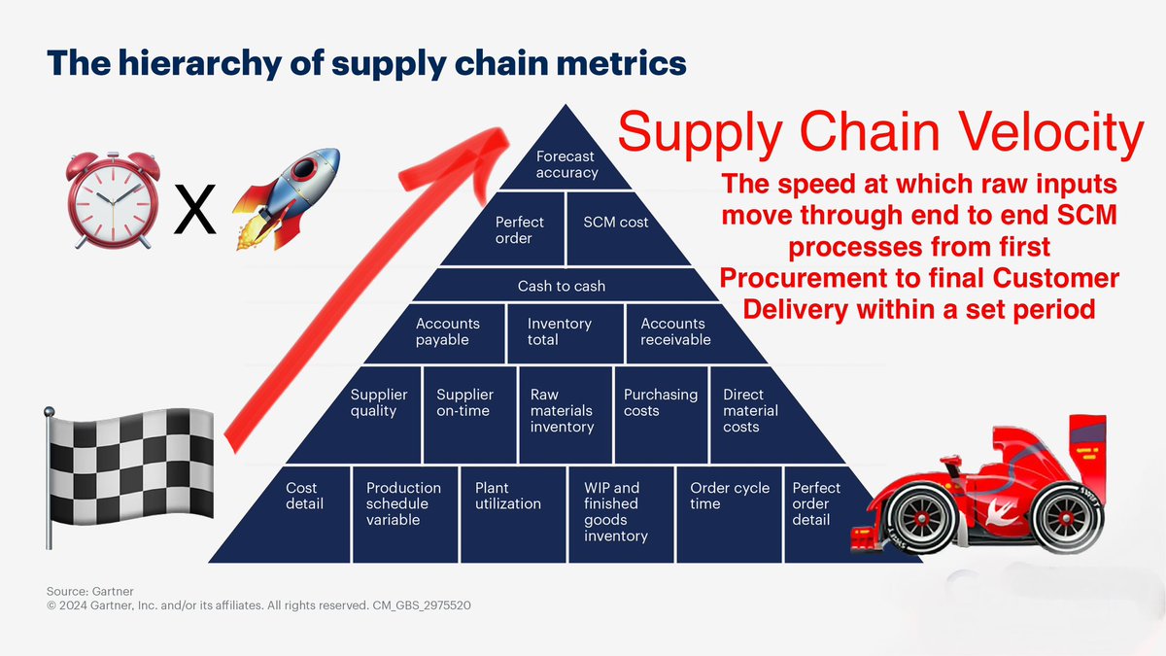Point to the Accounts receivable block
(x=676, y=331)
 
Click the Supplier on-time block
(x=468, y=409)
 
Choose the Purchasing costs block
(x=660, y=409)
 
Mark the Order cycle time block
(x=729, y=510)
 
